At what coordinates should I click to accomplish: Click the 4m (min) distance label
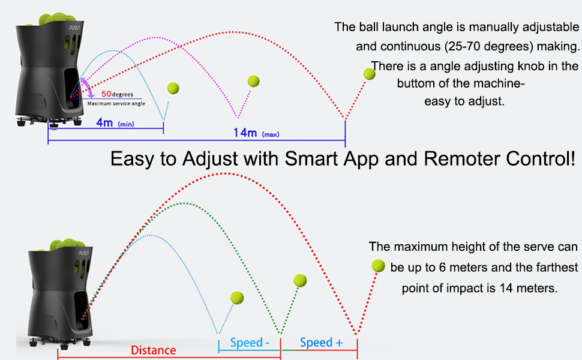click(115, 122)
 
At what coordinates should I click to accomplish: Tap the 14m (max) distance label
click(256, 133)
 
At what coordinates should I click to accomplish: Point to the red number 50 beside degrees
click(107, 94)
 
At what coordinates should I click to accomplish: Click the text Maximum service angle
click(116, 104)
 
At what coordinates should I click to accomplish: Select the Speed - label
click(250, 343)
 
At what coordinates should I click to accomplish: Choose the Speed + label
click(322, 343)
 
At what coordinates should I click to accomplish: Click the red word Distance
click(153, 350)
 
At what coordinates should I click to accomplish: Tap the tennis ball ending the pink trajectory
click(254, 81)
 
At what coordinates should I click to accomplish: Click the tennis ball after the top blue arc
click(173, 88)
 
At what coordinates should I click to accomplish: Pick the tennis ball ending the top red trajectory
click(370, 74)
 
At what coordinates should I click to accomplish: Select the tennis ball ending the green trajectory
click(300, 281)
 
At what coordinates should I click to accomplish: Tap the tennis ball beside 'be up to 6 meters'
click(378, 266)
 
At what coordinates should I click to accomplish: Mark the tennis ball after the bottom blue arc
click(237, 298)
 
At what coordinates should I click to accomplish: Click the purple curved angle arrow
click(89, 87)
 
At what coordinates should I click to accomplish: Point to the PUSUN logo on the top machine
click(74, 28)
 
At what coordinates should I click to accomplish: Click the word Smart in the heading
click(311, 158)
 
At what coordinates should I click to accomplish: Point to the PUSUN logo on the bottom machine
click(83, 253)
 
